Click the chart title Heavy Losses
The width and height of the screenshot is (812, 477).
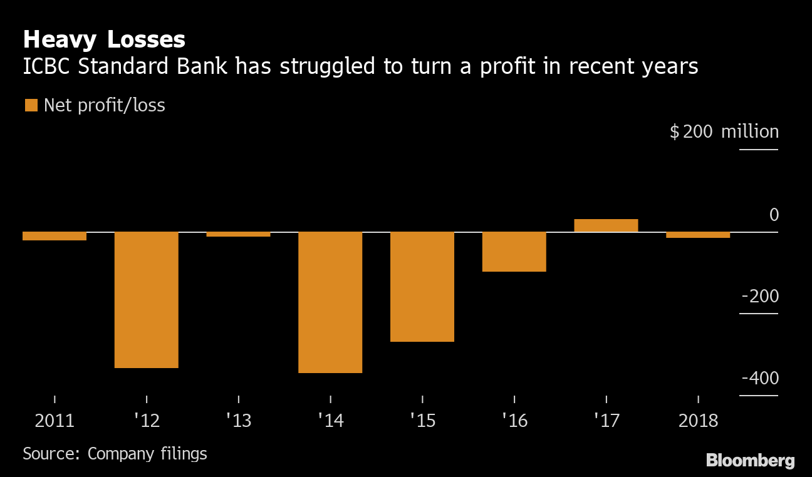pos(104,39)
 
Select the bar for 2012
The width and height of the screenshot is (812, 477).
pos(147,300)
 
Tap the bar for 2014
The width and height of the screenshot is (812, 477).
pos(330,302)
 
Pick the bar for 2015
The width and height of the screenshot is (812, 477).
pos(422,287)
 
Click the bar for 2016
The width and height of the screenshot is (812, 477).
pos(514,252)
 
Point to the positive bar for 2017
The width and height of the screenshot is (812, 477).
pos(606,225)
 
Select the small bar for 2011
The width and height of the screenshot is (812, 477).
pos(55,236)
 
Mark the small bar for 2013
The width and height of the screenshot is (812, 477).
pos(238,234)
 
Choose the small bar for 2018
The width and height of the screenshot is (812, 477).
pos(698,235)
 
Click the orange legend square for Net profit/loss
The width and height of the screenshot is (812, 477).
pos(31,105)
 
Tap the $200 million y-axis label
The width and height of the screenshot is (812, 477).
pos(724,132)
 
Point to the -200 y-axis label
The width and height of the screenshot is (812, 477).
pos(760,297)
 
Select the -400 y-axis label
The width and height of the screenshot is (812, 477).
pos(760,379)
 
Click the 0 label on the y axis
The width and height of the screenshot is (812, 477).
pos(774,215)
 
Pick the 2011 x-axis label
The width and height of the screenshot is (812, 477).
pos(55,420)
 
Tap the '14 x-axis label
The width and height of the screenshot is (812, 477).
pos(330,420)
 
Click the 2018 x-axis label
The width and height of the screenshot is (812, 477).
pos(698,420)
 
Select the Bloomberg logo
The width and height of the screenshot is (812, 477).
pos(750,461)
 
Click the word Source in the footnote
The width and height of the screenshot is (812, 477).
pos(49,453)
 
